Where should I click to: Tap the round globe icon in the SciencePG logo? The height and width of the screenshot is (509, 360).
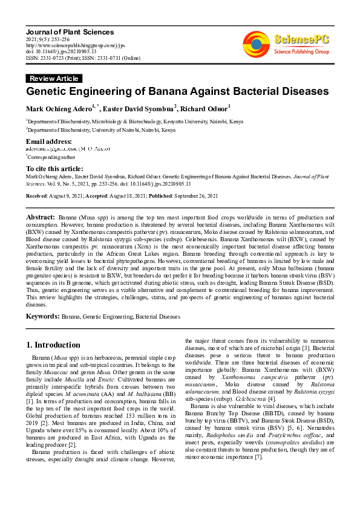257,45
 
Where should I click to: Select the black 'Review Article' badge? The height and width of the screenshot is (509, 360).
54,79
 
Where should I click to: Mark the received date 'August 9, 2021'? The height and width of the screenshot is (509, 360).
67,196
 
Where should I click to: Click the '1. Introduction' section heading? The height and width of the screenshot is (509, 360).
53,345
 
